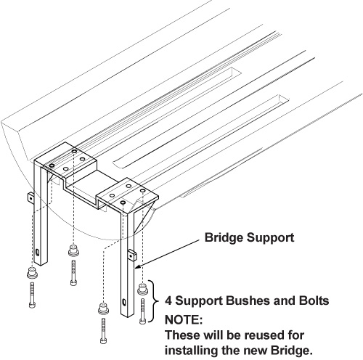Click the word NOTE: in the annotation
pos(184,320)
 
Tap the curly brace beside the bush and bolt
pos(154,301)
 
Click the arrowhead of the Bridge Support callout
pos(137,266)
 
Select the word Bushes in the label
pos(245,300)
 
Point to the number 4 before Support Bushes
pos(168,300)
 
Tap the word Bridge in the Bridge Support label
pos(224,237)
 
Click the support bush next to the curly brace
pos(142,290)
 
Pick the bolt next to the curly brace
pos(142,311)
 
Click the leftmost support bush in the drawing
pos(32,273)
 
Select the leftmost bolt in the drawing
pos(32,295)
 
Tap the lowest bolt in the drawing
pos(103,331)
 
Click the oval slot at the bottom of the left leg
pos(38,253)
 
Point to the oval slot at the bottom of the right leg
pos(124,303)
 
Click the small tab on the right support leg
pos(132,255)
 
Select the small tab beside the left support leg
pos(30,198)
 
